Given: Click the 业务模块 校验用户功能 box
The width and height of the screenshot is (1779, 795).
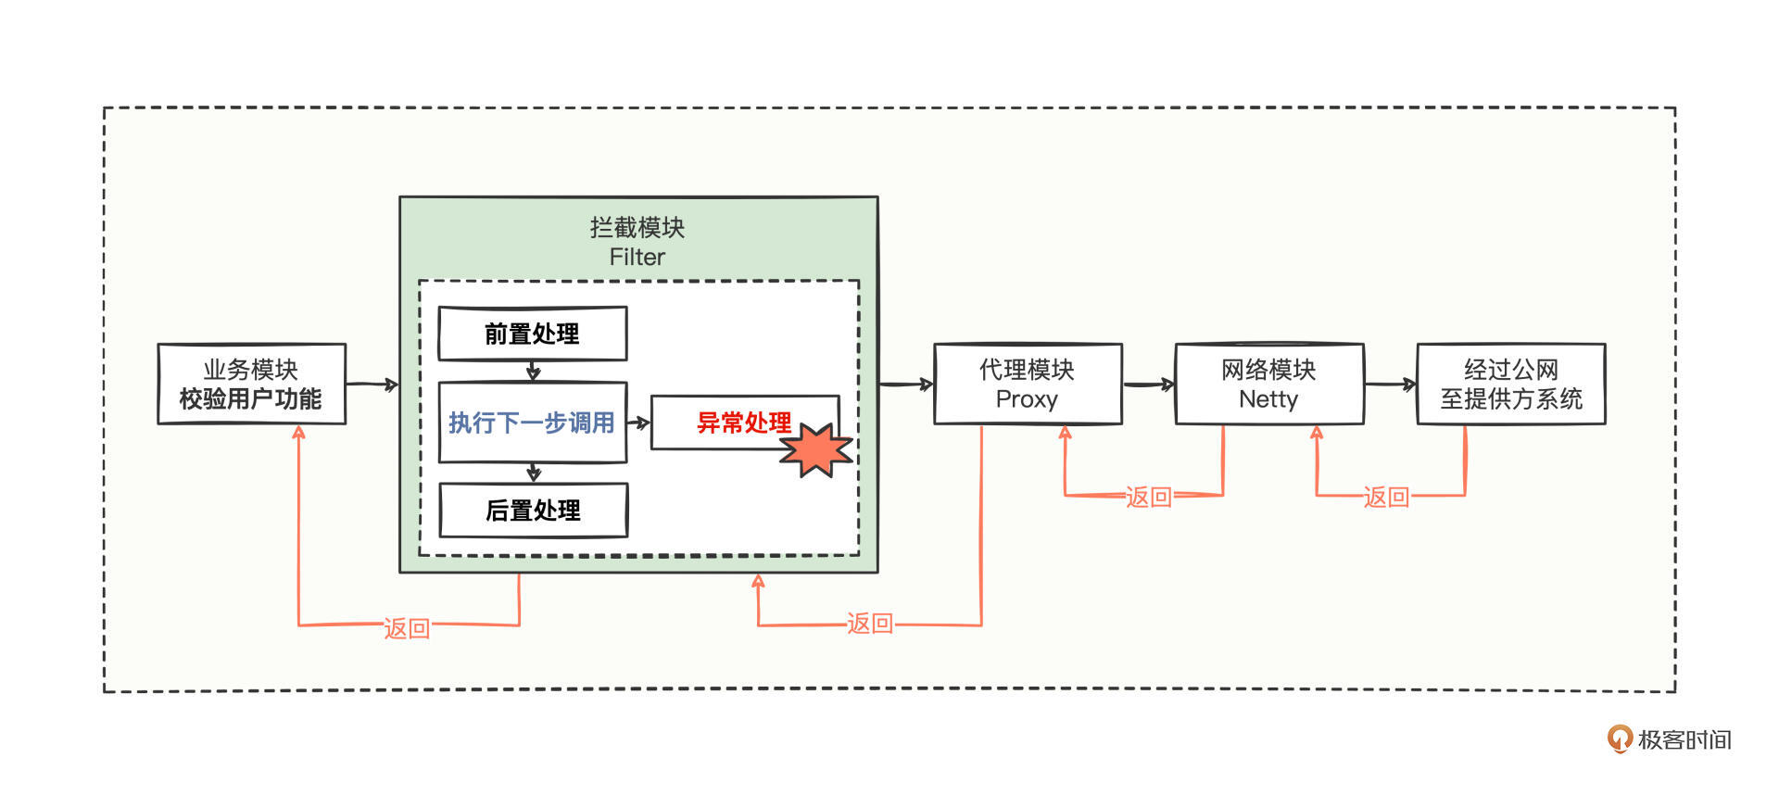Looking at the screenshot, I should coord(251,385).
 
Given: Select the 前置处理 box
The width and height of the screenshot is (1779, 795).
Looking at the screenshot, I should coord(532,334).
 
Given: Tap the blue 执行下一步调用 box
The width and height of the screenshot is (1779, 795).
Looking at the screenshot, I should coord(532,423).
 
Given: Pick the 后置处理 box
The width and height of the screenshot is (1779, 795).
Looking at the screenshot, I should coord(533,510).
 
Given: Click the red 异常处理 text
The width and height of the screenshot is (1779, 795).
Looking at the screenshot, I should coord(743,423).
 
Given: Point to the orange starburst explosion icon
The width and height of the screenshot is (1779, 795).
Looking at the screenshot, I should coord(815,449).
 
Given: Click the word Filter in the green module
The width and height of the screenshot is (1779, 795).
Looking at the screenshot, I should coord(637,257).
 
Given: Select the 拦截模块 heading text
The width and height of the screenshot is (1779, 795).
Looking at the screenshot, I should coord(637,227).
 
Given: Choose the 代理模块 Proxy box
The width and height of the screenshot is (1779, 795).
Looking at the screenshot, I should coord(1027,385).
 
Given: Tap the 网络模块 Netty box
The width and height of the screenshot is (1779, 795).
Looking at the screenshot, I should coord(1268,385).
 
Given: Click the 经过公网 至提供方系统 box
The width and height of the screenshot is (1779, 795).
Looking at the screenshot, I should coord(1510,385).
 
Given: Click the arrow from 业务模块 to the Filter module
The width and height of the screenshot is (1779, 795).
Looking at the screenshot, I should coord(372,384).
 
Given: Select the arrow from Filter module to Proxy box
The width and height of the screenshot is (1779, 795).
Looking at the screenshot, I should coord(906,384).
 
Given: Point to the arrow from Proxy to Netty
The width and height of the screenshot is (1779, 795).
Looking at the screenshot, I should coord(1149,384).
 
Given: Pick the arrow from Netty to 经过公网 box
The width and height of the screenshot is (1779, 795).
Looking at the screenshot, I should coord(1390,384).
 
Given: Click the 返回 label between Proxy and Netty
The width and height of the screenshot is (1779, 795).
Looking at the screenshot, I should coord(1148,497).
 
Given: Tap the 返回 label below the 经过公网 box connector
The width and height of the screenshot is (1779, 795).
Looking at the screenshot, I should coord(1385,497).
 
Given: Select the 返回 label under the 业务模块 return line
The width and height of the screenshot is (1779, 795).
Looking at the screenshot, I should coord(407,628).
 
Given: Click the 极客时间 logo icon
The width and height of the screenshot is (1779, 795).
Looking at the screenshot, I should coord(1619,738).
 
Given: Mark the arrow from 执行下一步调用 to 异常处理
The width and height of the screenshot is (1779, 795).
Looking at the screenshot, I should coord(638,423).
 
